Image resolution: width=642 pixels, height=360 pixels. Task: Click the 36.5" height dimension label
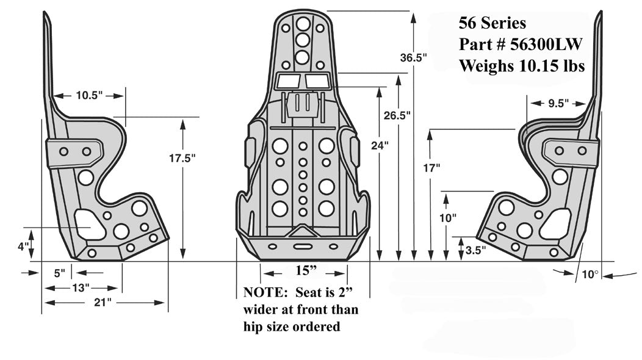point(413,59)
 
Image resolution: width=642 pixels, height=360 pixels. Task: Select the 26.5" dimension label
point(397,115)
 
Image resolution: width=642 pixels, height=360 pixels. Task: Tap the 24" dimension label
point(379,145)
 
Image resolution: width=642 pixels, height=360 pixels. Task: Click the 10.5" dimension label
point(90,95)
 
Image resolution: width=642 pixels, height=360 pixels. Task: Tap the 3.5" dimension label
point(476,250)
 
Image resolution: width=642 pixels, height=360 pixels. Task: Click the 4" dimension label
point(23,247)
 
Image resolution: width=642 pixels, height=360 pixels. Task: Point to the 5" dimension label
point(59,273)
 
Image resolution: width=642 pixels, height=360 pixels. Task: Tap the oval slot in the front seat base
point(303,247)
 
